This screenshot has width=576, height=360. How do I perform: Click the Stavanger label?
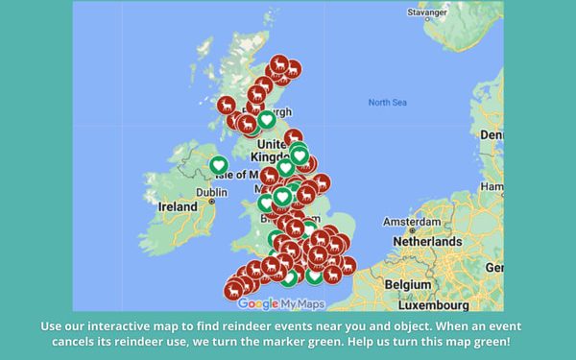tap(426, 12)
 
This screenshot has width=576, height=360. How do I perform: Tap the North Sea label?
tap(388, 102)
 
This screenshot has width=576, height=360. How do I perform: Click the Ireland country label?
tap(178, 206)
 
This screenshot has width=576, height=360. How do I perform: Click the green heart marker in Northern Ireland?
tap(219, 166)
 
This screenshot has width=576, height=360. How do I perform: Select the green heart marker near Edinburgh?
tap(266, 120)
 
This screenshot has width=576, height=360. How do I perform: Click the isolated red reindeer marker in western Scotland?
tap(226, 103)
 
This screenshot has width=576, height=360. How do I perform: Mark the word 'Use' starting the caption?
tap(53, 326)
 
